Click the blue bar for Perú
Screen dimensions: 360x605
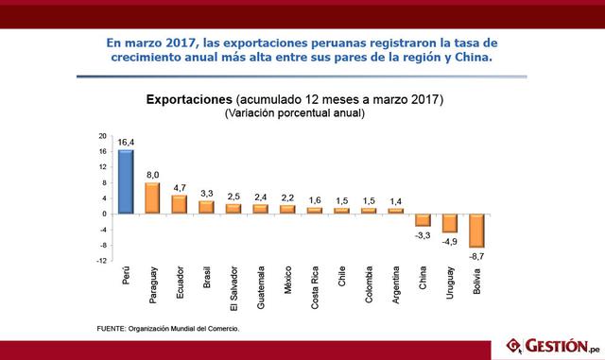point(126,181)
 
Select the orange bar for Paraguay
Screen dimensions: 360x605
point(152,197)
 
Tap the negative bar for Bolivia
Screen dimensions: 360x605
point(476,231)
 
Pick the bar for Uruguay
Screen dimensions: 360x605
point(449,223)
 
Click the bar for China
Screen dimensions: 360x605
point(423,220)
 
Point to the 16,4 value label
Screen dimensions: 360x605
point(126,142)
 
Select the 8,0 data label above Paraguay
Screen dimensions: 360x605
point(152,175)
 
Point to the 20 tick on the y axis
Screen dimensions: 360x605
point(102,134)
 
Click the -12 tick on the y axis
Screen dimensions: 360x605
point(100,262)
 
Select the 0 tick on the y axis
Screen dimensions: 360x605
point(104,214)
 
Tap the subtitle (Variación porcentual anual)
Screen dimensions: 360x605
point(294,113)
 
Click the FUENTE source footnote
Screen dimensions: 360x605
point(168,328)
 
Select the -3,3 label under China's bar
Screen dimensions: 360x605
point(423,234)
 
